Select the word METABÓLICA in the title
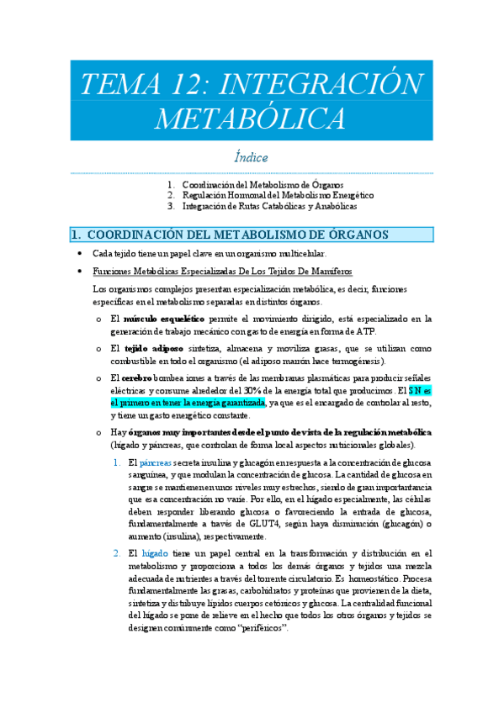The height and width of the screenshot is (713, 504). coord(250,117)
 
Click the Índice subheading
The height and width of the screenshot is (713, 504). coord(251,157)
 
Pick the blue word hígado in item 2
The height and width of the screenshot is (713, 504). coord(154,552)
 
